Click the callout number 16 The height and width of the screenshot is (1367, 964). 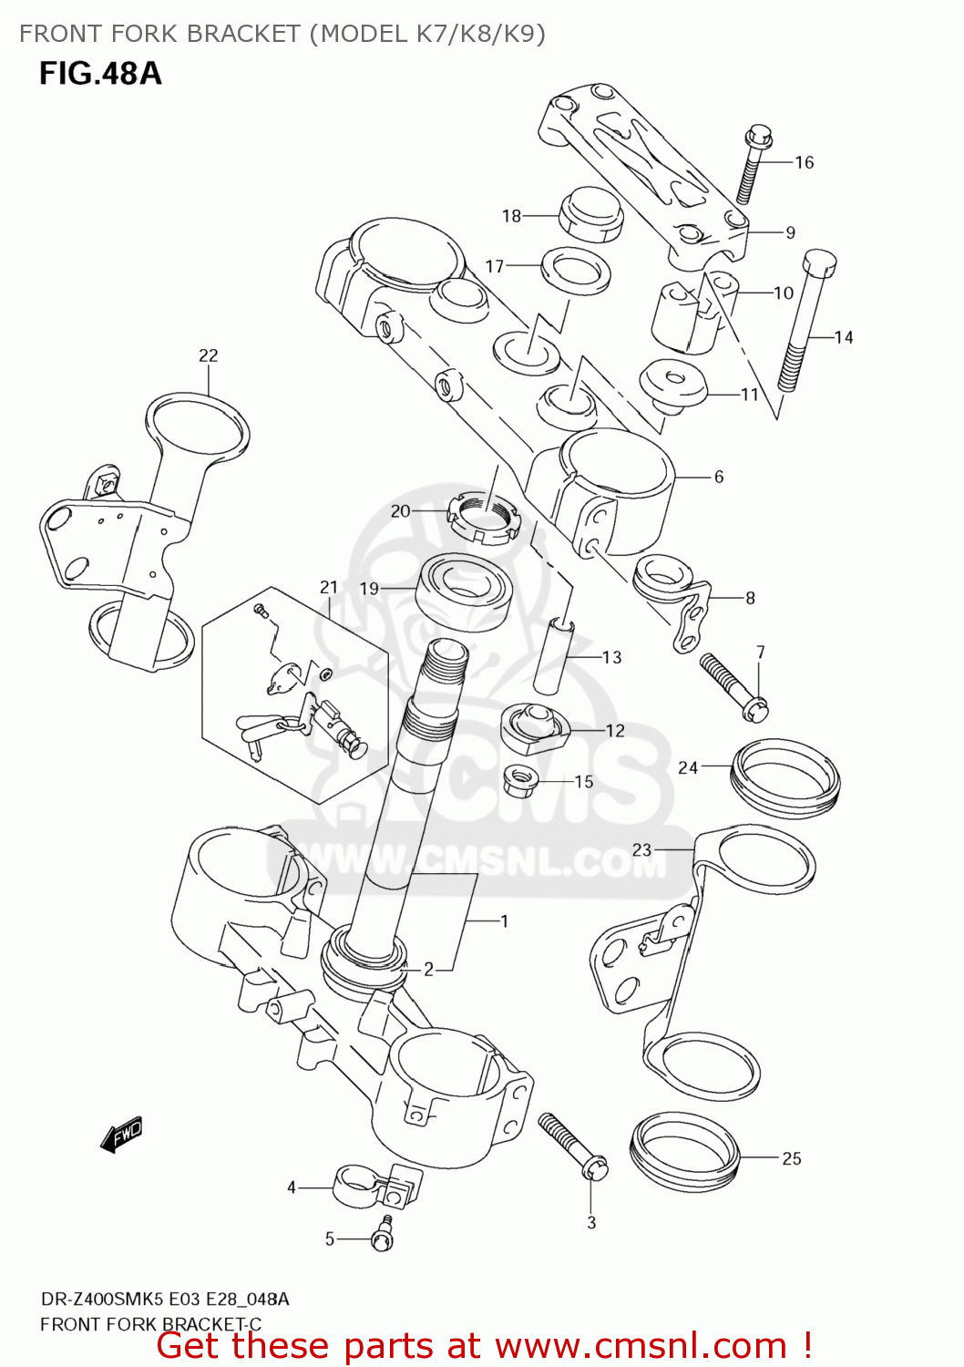[x=804, y=162]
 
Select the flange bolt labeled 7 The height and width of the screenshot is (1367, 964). [x=734, y=686]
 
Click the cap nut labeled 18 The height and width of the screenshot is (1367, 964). [x=589, y=216]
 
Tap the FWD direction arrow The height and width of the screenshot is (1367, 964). [x=122, y=1136]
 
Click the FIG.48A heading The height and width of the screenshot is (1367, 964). [x=100, y=73]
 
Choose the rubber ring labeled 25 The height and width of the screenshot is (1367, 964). [x=685, y=1151]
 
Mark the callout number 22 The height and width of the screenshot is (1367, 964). [x=209, y=355]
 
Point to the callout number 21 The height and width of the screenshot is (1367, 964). [x=329, y=588]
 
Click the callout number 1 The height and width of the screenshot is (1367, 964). [x=504, y=921]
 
